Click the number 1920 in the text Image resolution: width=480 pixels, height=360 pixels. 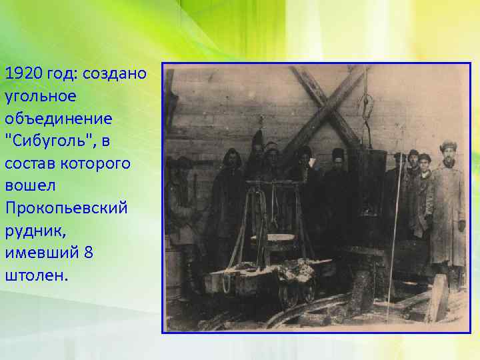click(x=21, y=73)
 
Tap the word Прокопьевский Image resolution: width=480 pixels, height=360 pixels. click(x=67, y=209)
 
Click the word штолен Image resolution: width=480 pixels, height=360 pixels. click(x=36, y=276)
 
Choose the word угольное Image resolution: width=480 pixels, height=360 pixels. click(x=40, y=95)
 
